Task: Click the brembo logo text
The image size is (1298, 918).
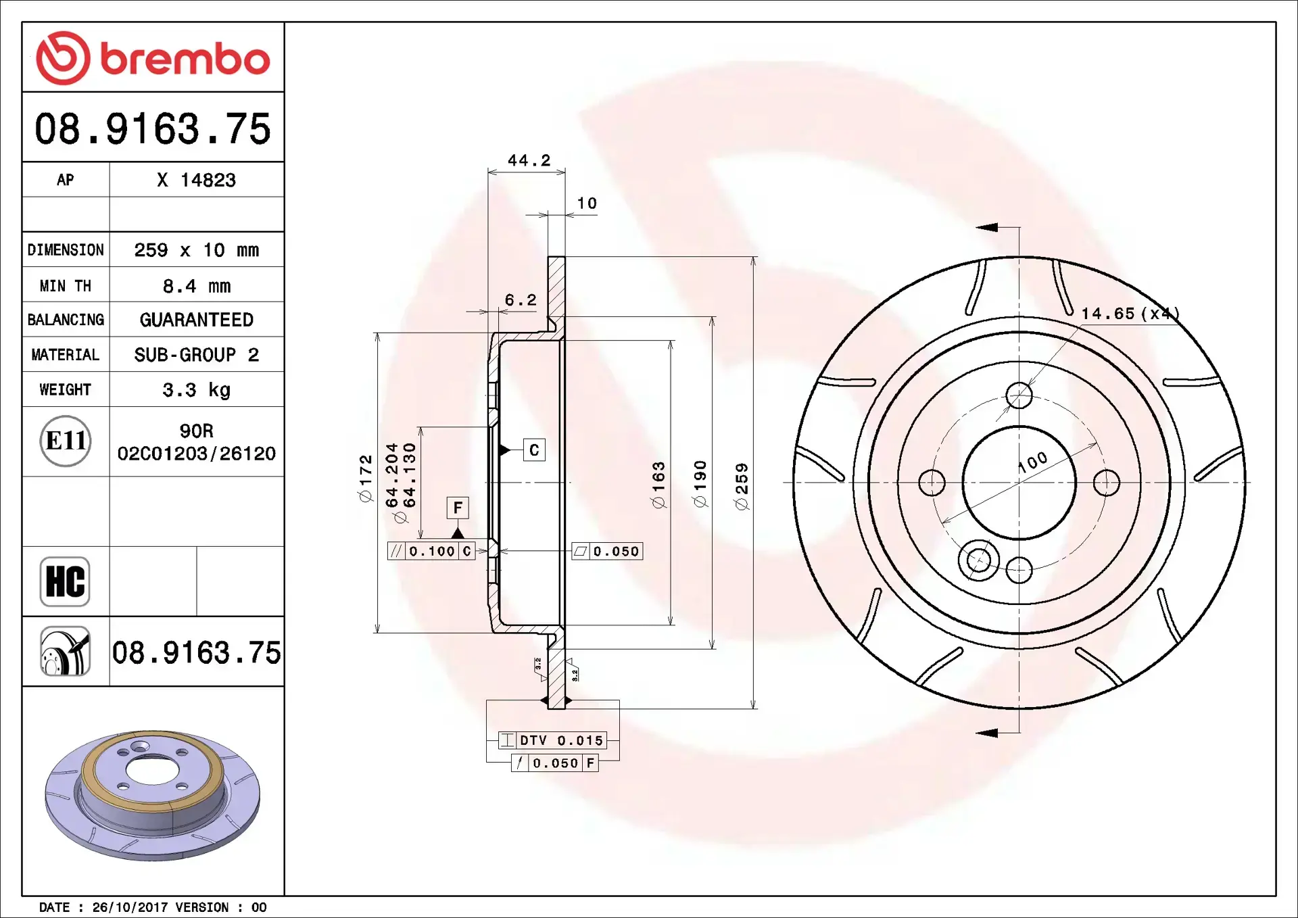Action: [x=184, y=59]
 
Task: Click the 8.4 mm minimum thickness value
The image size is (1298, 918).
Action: [x=196, y=286]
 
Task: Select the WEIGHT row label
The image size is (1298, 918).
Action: [x=65, y=389]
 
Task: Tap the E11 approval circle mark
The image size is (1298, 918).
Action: [x=66, y=441]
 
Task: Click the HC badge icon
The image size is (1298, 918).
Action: [x=65, y=581]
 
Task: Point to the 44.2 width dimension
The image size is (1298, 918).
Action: [x=529, y=161]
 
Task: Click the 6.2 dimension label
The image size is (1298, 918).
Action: [x=521, y=300]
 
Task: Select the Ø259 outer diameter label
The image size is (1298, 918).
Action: [x=742, y=485]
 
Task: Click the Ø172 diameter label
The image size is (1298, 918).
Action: [x=365, y=478]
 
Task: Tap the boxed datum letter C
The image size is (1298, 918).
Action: [x=534, y=450]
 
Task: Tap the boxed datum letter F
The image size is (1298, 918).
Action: [x=458, y=508]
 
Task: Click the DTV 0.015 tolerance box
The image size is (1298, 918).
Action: [x=553, y=740]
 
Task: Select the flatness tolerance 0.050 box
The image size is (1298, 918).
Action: [x=607, y=551]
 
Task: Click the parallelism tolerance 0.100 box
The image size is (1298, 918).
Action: [x=431, y=551]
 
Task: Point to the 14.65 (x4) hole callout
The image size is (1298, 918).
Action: [x=1129, y=314]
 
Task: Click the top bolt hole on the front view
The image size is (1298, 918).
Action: [x=1019, y=395]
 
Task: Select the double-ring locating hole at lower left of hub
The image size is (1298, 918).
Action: [x=978, y=560]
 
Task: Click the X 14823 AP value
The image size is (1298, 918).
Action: [x=196, y=180]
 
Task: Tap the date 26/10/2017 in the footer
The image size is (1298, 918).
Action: [x=130, y=907]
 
